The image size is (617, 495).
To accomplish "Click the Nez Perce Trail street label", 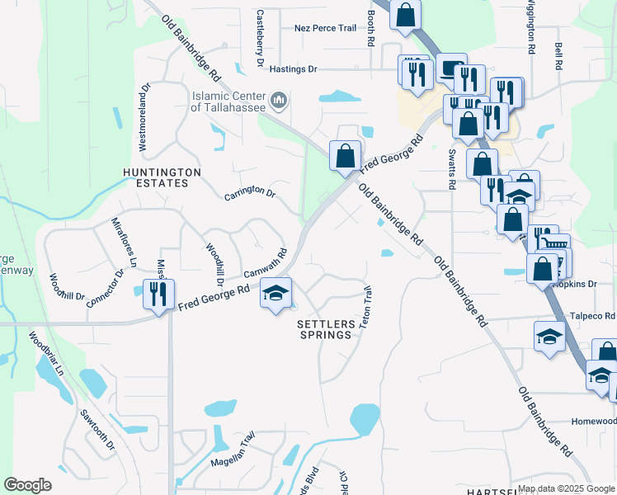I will point(325,28).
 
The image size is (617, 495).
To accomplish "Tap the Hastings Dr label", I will point(290,70).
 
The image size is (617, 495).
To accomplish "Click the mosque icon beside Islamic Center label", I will point(280,101).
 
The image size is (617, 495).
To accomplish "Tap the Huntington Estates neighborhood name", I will point(162,177).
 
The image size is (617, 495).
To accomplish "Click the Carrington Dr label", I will point(249,192).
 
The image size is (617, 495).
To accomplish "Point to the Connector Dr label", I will point(104,286).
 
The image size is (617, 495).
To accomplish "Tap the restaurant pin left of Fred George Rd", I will point(154,293).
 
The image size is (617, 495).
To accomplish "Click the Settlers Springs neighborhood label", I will point(327,330).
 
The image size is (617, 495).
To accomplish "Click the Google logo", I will point(28,485).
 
